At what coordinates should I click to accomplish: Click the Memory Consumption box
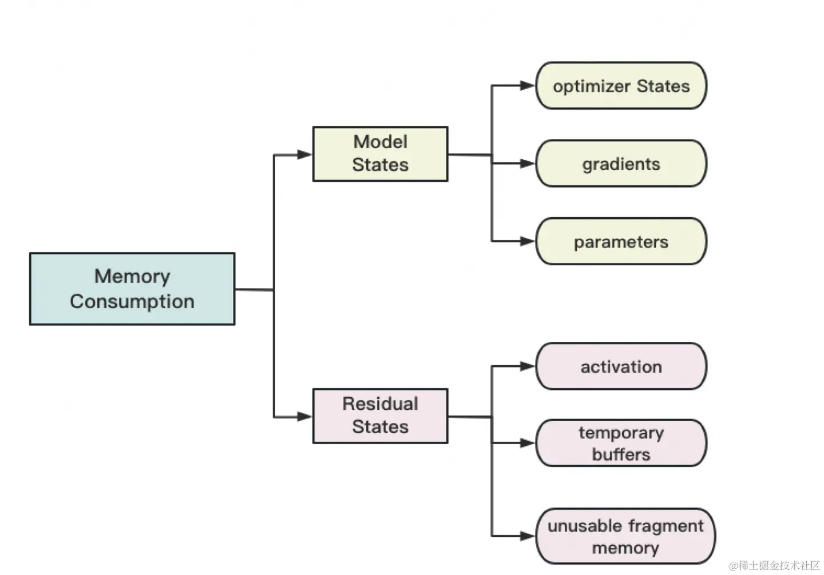132,289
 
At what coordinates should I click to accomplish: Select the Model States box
381,154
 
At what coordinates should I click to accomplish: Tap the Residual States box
381,416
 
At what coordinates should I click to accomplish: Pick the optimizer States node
621,86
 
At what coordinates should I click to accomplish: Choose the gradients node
621,163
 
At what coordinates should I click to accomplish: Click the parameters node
621,241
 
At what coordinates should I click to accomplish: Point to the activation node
621,366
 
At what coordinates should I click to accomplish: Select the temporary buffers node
621,443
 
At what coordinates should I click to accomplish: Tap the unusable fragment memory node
626,536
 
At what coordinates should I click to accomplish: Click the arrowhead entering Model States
304,154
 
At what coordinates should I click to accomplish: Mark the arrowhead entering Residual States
304,416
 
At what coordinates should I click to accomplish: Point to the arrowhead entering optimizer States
528,86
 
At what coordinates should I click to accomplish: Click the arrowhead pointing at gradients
528,163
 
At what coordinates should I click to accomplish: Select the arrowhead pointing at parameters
528,241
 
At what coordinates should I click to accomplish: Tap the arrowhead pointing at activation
528,366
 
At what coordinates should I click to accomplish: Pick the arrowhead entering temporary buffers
528,443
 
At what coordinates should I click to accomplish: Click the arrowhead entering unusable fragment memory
528,536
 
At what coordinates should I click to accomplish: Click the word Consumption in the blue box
132,302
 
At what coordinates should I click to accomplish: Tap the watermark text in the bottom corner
775,565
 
